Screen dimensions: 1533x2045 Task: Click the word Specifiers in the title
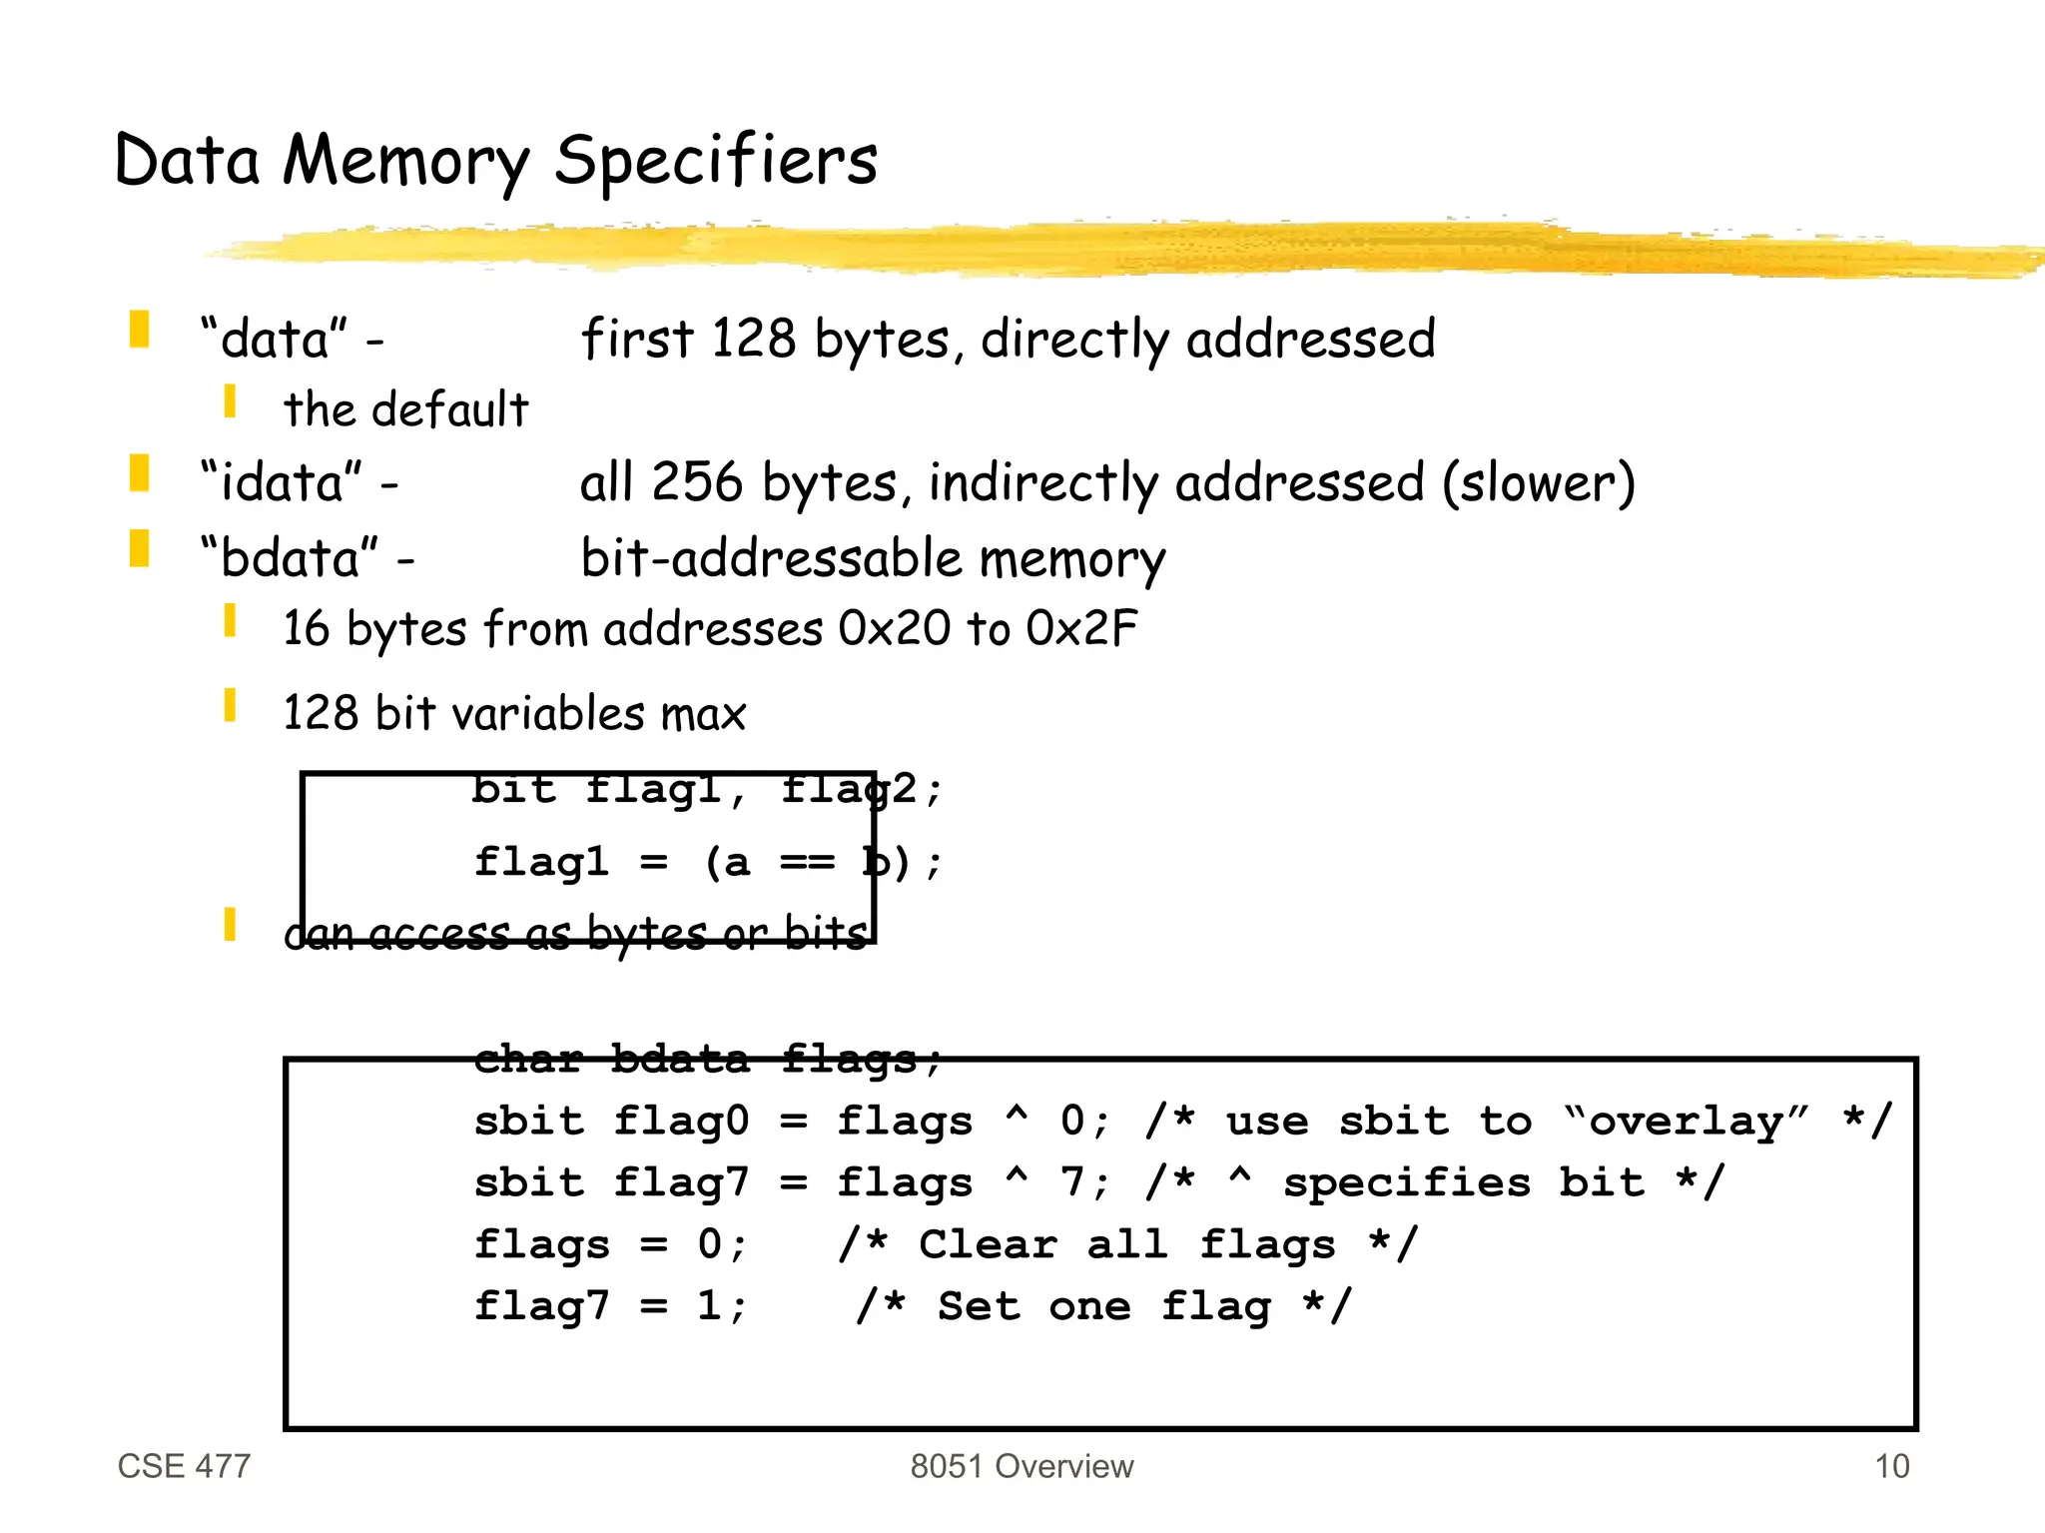(x=716, y=161)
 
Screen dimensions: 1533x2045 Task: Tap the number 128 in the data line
(x=753, y=339)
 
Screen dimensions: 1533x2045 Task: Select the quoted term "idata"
(x=281, y=482)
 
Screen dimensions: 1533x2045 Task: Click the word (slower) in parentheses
(x=1538, y=483)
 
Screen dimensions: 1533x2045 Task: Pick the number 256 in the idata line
(x=697, y=482)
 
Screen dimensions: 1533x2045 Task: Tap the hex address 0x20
(x=895, y=628)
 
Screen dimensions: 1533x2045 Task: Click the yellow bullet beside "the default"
(x=230, y=401)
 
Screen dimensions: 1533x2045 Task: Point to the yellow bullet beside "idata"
(x=139, y=473)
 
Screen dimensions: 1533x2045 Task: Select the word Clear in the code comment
(x=988, y=1244)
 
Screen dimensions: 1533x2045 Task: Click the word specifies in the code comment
(x=1407, y=1182)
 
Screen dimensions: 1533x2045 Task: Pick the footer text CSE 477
(x=184, y=1466)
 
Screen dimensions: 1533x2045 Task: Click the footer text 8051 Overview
(x=1022, y=1466)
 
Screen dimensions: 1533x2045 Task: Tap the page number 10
(x=1891, y=1466)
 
